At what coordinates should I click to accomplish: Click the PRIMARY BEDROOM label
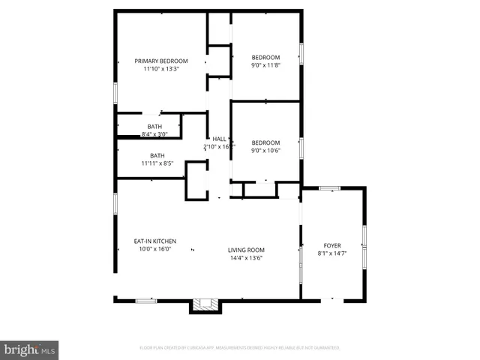161,61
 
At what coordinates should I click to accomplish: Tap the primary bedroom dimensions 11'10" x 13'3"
161,69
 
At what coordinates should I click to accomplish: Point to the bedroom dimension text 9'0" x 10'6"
265,151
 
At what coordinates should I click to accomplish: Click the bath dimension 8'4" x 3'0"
154,134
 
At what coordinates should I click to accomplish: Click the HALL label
219,139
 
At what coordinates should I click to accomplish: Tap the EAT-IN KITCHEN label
155,241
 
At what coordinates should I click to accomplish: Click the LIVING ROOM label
247,250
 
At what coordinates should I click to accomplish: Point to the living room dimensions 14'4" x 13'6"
247,258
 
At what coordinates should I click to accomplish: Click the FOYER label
332,245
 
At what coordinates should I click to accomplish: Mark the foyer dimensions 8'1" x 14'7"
332,253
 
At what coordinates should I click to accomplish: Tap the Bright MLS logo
30,349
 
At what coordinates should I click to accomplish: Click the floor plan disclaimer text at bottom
240,348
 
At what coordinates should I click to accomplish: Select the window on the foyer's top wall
329,188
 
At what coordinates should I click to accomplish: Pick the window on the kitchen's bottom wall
146,300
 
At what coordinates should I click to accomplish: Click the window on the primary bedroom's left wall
115,91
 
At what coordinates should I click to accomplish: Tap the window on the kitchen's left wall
115,205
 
